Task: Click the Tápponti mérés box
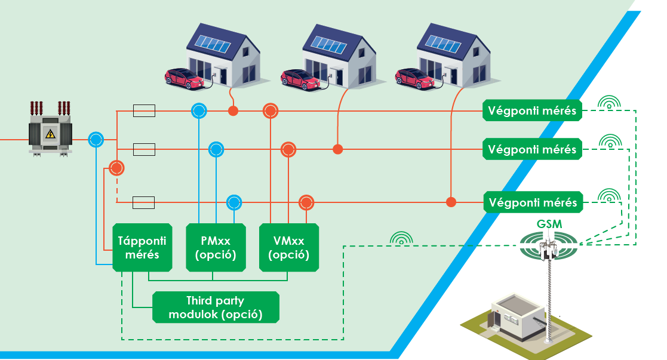pyautogui.click(x=142, y=247)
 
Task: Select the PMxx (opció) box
pyautogui.click(x=216, y=247)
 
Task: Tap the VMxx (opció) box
pyautogui.click(x=289, y=247)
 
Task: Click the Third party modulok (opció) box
pyautogui.click(x=216, y=307)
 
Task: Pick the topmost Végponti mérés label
pyautogui.click(x=532, y=110)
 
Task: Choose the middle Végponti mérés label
pyautogui.click(x=532, y=149)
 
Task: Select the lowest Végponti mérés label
pyautogui.click(x=533, y=202)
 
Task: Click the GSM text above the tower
pyautogui.click(x=549, y=224)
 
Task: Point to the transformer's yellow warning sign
pyautogui.click(x=51, y=134)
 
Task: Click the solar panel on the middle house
pyautogui.click(x=329, y=44)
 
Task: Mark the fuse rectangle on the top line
pyautogui.click(x=144, y=110)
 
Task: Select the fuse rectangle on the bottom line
pyautogui.click(x=144, y=202)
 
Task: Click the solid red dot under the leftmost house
pyautogui.click(x=233, y=111)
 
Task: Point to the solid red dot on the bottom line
pyautogui.click(x=451, y=202)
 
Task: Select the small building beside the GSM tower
pyautogui.click(x=518, y=317)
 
